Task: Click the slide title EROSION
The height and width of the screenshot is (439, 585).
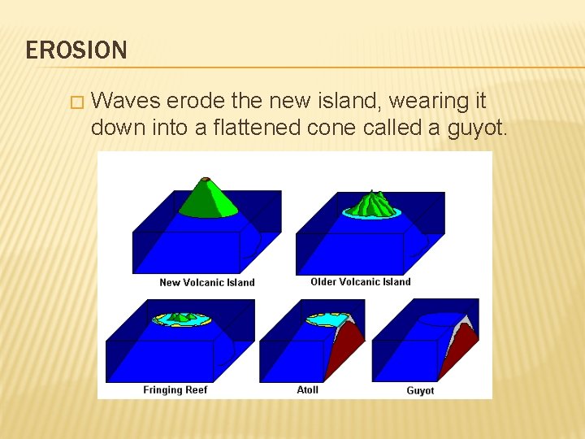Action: (x=76, y=50)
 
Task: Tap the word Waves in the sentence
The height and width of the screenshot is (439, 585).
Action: (x=127, y=101)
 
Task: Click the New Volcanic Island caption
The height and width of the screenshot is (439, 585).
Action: (x=207, y=283)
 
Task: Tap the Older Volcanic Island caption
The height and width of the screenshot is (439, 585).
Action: (x=361, y=282)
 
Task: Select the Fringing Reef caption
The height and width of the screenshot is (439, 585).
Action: (x=175, y=390)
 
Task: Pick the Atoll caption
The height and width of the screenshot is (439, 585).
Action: (x=308, y=390)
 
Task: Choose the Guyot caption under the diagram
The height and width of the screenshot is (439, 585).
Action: (x=420, y=391)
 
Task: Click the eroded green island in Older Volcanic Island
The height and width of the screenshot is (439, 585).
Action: (x=372, y=203)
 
